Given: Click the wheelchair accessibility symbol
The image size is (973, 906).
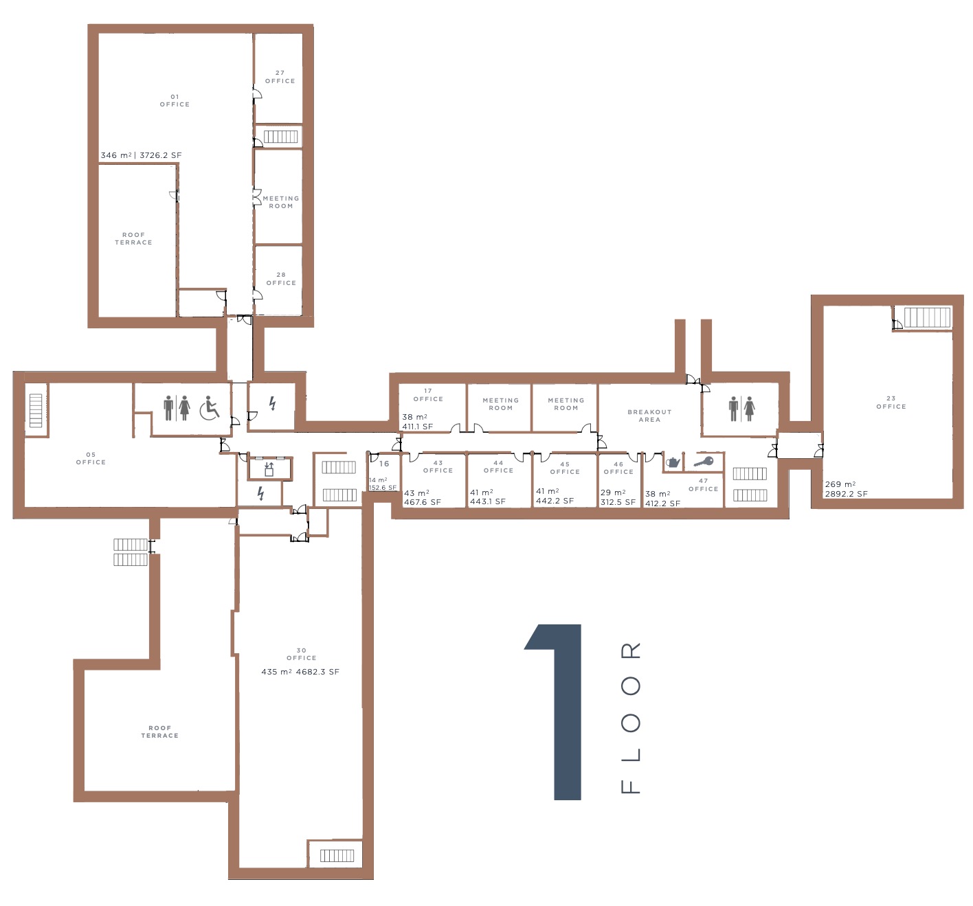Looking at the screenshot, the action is click(209, 408).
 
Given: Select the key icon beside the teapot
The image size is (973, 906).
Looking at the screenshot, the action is click(704, 461).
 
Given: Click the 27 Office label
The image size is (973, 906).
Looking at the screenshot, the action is click(280, 77).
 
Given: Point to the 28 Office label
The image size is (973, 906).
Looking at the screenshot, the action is click(281, 279).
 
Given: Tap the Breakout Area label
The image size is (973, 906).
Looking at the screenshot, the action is click(649, 416).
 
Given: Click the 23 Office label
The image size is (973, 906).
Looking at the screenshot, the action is click(891, 403).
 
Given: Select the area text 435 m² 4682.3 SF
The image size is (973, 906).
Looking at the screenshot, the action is click(300, 672).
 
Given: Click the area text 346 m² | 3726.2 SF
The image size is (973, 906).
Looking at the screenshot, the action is click(141, 155).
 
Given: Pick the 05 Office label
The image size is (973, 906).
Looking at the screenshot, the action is click(91, 458).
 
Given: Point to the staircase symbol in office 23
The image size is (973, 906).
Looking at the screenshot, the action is click(927, 317).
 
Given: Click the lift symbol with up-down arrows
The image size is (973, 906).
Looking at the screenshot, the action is click(269, 469).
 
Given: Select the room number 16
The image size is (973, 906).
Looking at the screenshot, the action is click(383, 464).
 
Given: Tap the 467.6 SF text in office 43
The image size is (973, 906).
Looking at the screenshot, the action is click(422, 501).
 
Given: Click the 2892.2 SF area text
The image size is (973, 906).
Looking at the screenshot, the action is click(846, 494).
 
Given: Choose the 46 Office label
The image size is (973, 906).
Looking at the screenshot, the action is click(618, 468).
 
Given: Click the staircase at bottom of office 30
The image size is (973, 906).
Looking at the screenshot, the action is click(337, 856).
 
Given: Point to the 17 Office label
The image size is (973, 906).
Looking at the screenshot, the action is click(427, 395).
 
